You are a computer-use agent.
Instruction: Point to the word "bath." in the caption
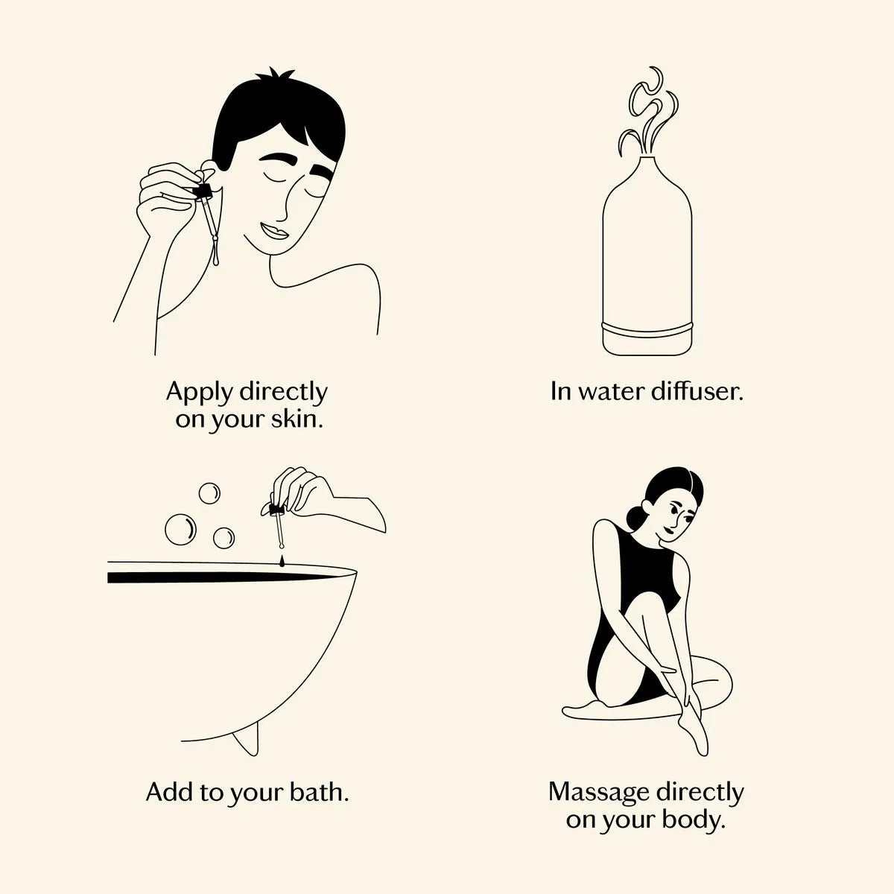(319, 792)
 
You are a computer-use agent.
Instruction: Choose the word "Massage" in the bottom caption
(600, 793)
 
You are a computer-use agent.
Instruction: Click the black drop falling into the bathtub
(282, 562)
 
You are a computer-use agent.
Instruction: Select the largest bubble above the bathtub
(180, 530)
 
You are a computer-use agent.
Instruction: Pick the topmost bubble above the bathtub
(209, 493)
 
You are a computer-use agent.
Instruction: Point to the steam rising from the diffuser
(648, 114)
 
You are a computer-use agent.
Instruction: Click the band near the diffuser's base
(647, 329)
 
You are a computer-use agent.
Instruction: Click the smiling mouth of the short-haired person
(274, 230)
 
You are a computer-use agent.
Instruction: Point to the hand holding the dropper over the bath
(302, 492)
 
